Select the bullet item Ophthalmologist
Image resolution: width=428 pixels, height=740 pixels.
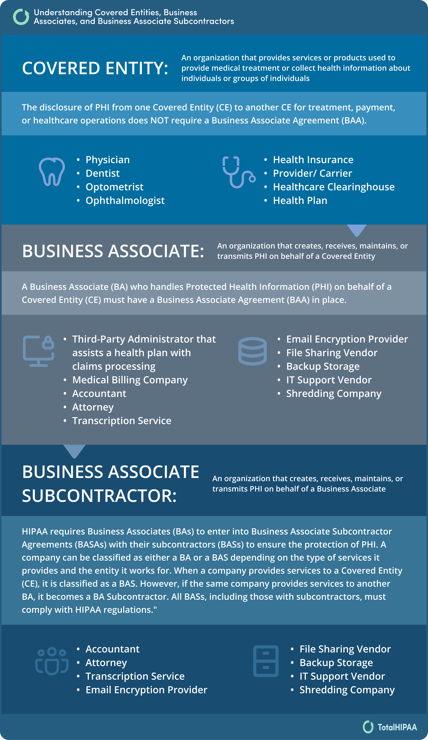point(125,200)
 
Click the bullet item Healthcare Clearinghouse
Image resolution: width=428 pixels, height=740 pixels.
point(333,187)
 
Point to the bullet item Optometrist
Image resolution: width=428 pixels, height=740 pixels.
point(114,187)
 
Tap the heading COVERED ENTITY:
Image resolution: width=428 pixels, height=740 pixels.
point(95,68)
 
